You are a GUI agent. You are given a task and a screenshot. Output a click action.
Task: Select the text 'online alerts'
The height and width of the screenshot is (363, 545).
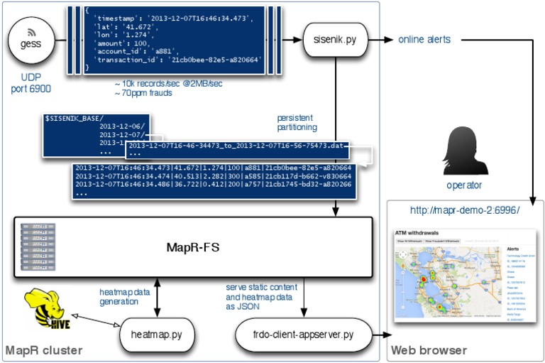424,40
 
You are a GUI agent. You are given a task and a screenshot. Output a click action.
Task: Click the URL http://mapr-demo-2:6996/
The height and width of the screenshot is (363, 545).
466,210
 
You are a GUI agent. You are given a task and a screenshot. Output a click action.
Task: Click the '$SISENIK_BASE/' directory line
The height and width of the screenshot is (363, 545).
74,117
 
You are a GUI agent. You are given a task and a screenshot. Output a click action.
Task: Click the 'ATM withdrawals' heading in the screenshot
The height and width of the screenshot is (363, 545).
417,232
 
